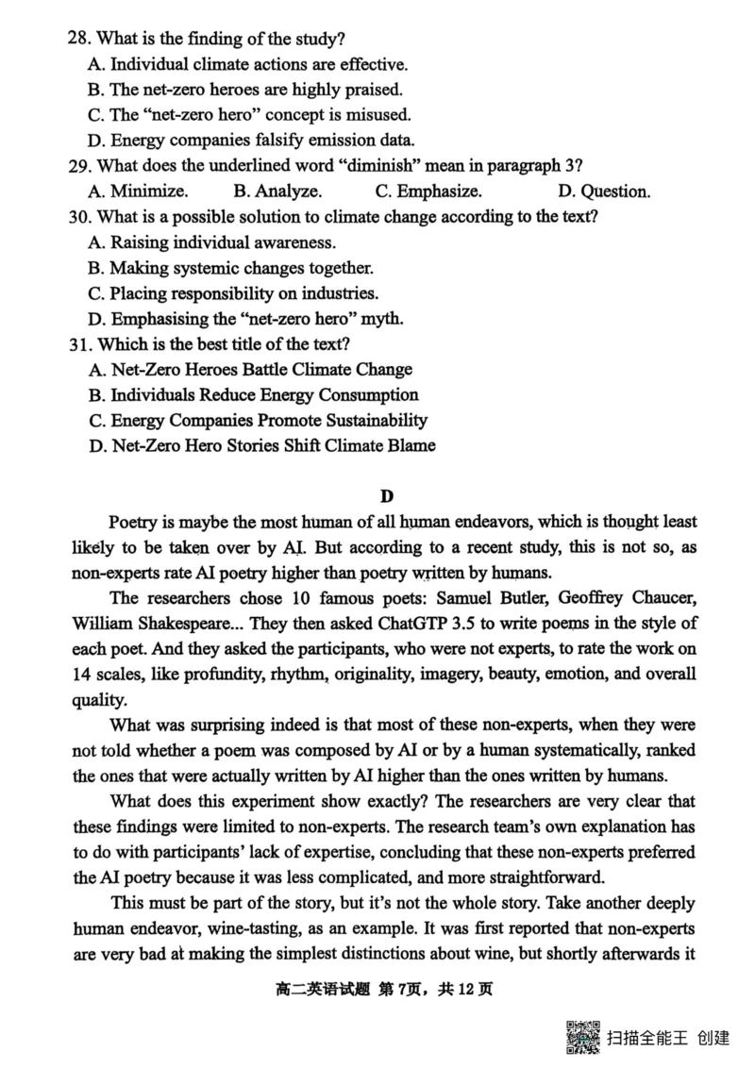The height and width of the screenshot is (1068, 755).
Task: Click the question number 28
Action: point(79,40)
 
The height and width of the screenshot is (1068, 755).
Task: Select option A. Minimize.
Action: point(137,192)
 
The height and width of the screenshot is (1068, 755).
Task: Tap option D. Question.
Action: point(604,192)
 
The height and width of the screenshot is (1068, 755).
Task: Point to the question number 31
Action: point(79,344)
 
